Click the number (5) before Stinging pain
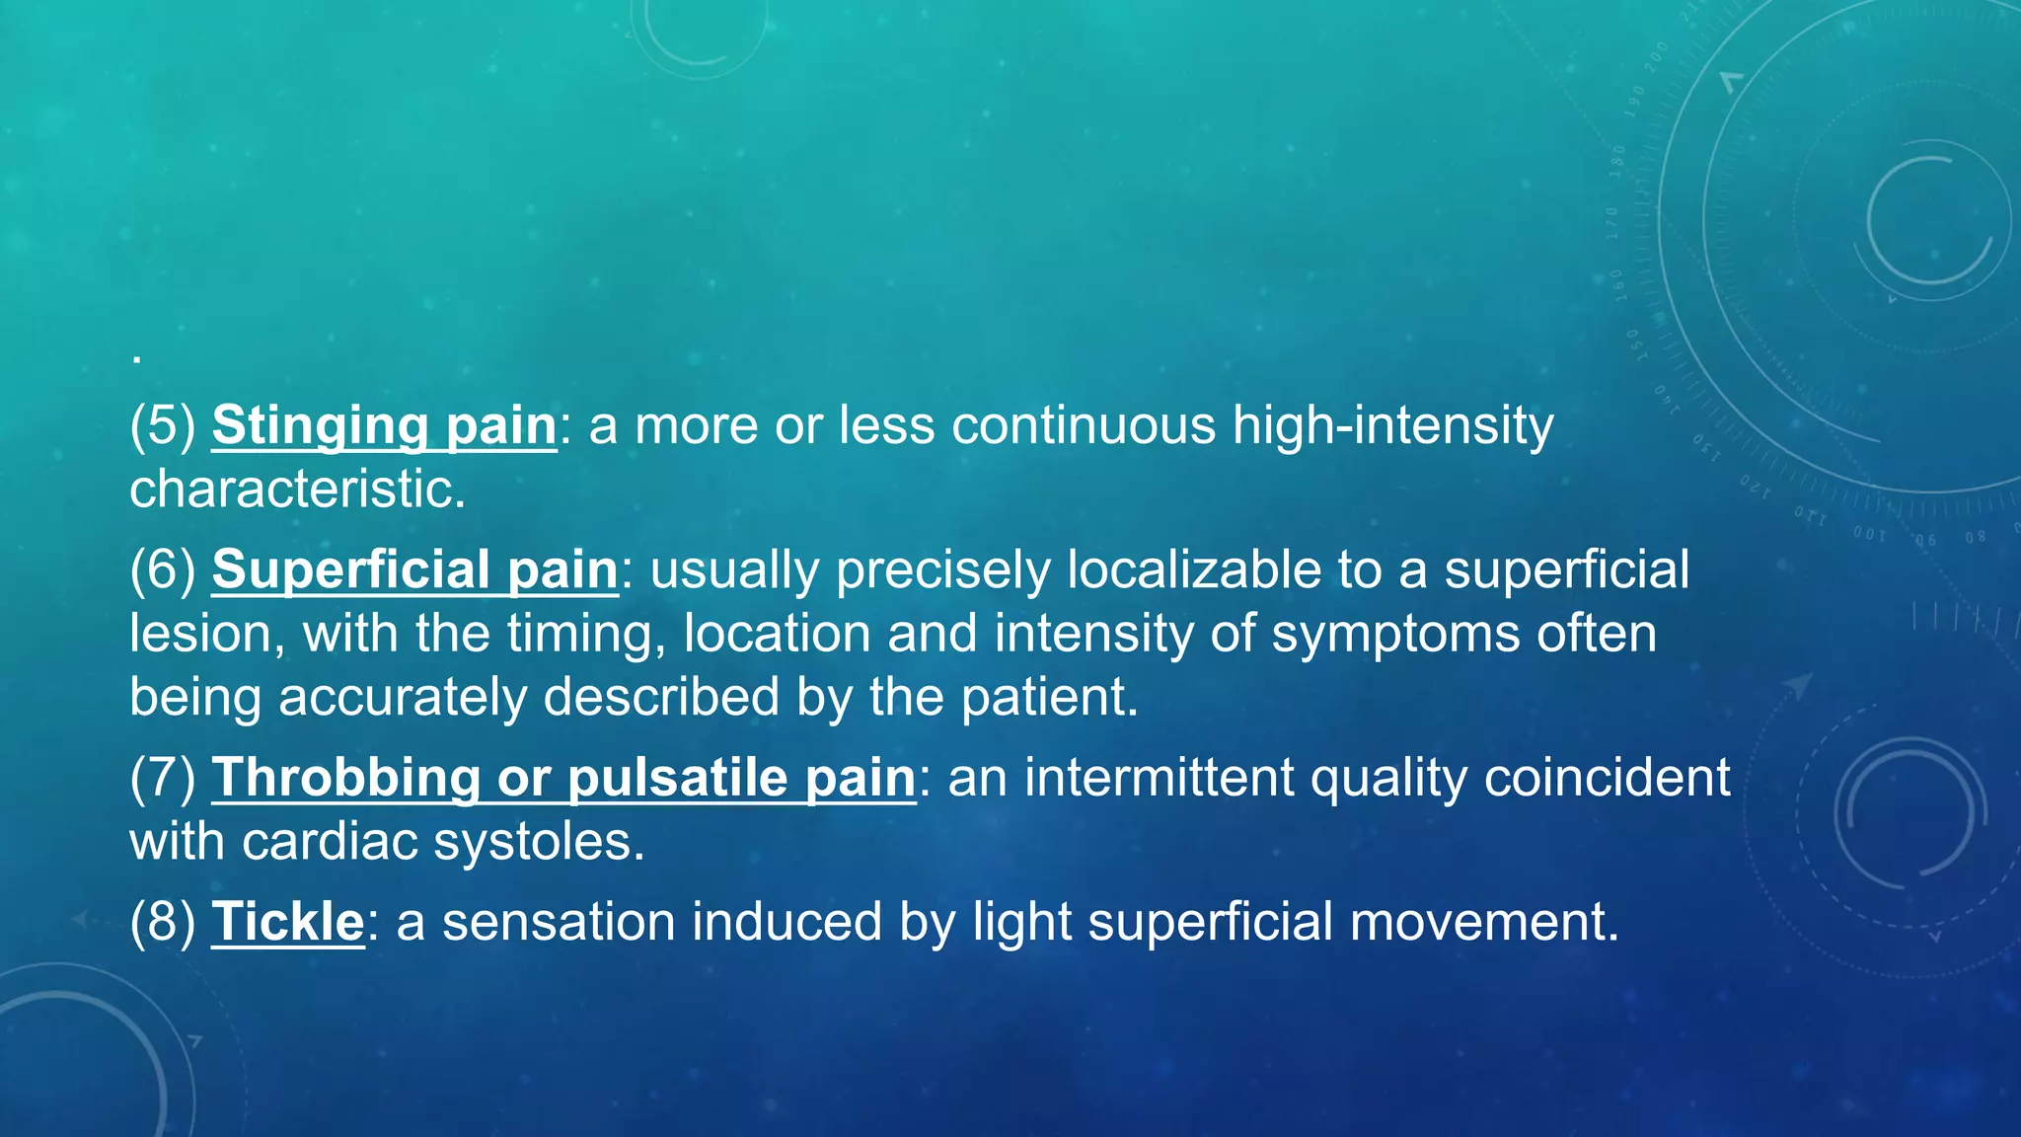(x=163, y=426)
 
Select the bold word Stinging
(x=320, y=426)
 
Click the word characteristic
(x=296, y=490)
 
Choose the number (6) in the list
(x=163, y=570)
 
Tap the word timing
(x=586, y=634)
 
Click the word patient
(x=1049, y=697)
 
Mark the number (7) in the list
(x=163, y=778)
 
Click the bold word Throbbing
(x=346, y=778)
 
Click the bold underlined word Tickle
(x=288, y=922)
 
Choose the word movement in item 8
(x=1483, y=922)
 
